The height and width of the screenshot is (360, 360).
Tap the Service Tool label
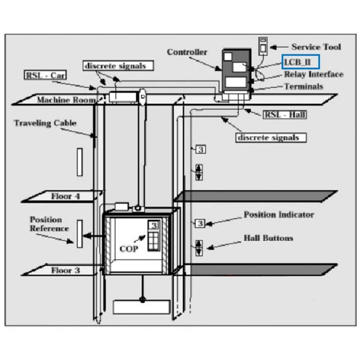[x=316, y=47]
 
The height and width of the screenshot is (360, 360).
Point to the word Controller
[x=187, y=52]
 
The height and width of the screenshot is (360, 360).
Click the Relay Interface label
[x=313, y=74]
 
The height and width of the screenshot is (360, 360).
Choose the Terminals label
[x=303, y=86]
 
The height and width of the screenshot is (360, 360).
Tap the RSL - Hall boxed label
[x=284, y=115]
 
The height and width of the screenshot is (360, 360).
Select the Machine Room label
[x=66, y=100]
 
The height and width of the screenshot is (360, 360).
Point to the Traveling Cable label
[x=45, y=123]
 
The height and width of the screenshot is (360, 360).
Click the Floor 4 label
[x=65, y=197]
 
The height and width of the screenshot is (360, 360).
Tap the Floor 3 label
[x=65, y=270]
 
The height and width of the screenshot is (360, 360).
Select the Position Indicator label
[x=279, y=215]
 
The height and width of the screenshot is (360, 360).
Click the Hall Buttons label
[x=268, y=238]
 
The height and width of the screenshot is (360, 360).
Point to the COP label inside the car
[x=129, y=248]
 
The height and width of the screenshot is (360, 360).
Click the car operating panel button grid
[x=154, y=241]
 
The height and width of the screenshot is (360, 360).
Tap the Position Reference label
[x=49, y=224]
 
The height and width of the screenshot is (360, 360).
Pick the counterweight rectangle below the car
[x=141, y=306]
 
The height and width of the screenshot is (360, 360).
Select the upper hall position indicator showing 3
[x=201, y=149]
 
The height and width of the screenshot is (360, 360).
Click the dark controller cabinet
[x=235, y=72]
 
